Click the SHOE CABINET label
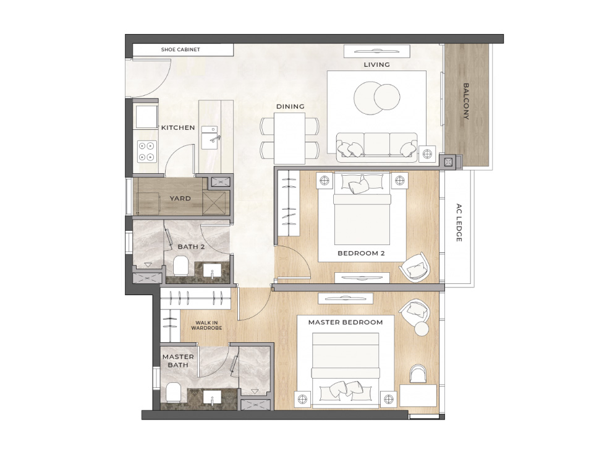[180, 49]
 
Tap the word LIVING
[376, 65]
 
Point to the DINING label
[291, 106]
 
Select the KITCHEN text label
[178, 127]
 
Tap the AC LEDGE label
[459, 223]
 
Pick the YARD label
[180, 199]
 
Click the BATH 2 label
[191, 246]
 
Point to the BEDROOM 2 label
[361, 253]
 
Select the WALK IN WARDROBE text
[206, 325]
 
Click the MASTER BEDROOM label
[346, 322]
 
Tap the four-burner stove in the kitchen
[147, 152]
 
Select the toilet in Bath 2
[180, 266]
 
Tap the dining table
[289, 138]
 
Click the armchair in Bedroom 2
[415, 266]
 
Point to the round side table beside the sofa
[427, 154]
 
